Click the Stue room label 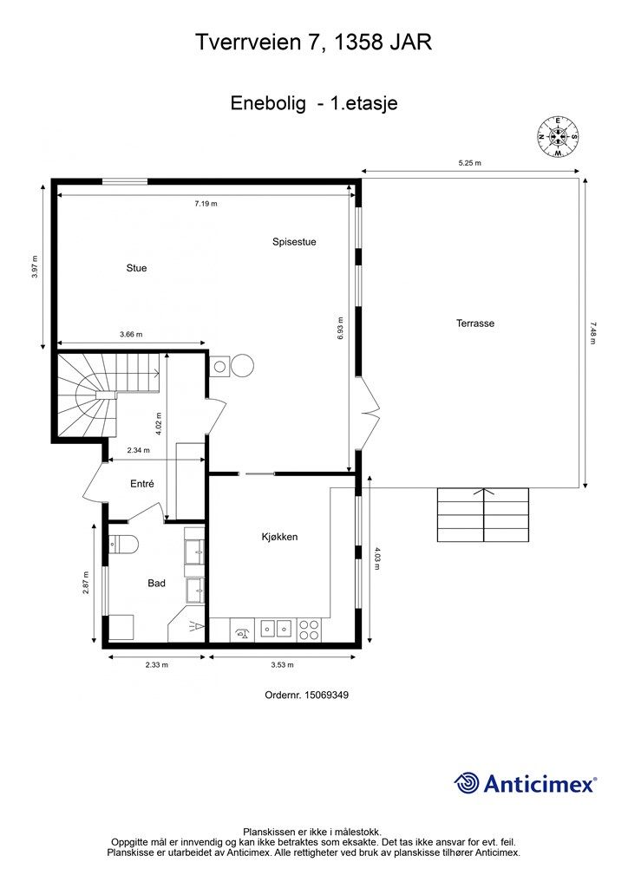click(136, 268)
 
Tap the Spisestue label click(294, 242)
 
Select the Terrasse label click(475, 323)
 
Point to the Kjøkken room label click(280, 536)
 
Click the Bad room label click(156, 583)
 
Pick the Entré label click(142, 484)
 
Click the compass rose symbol click(558, 136)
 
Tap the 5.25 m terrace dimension click(469, 163)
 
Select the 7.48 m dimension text click(593, 333)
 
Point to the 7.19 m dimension click(206, 203)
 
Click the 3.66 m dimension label click(131, 334)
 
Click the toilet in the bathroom click(123, 545)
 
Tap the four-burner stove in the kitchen click(309, 630)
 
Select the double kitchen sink click(276, 628)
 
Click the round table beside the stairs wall click(242, 365)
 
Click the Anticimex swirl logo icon click(466, 783)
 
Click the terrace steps click(483, 515)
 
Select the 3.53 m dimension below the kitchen click(282, 665)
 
